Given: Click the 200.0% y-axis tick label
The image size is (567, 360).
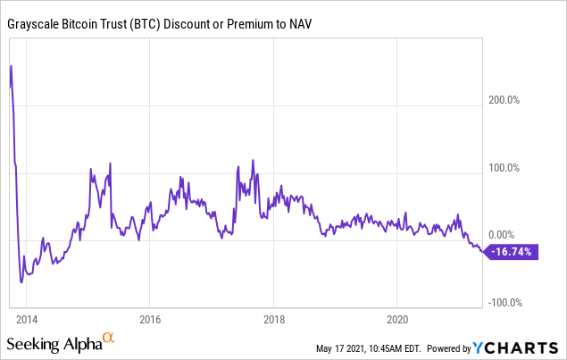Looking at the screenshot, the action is click(x=504, y=100).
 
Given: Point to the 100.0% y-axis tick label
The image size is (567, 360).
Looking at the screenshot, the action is click(x=504, y=168).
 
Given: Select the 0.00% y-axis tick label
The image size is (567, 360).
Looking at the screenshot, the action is click(x=501, y=235).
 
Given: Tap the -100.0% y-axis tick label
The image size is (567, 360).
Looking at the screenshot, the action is click(x=505, y=303).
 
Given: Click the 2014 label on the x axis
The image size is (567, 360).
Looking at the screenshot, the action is click(x=27, y=320).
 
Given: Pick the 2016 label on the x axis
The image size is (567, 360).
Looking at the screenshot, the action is click(x=150, y=320).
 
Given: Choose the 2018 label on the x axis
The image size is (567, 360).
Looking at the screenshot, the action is click(x=274, y=320).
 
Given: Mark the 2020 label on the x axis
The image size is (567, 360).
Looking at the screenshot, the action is click(x=397, y=320).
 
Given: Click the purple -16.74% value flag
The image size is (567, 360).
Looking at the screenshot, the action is click(x=511, y=252).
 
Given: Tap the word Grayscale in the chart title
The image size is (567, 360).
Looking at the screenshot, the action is click(x=33, y=24).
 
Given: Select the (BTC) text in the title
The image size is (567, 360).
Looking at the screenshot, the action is click(x=146, y=24).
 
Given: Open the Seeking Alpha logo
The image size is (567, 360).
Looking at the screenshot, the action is click(x=61, y=342).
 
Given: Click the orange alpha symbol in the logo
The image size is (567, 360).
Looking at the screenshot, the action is click(x=108, y=338).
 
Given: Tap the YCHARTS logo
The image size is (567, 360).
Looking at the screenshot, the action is click(x=515, y=348).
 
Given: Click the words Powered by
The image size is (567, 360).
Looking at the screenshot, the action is click(x=449, y=348).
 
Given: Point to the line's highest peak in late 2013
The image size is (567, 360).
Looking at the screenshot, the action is click(x=12, y=66).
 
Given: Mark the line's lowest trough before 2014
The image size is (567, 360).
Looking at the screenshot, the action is click(x=21, y=282).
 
